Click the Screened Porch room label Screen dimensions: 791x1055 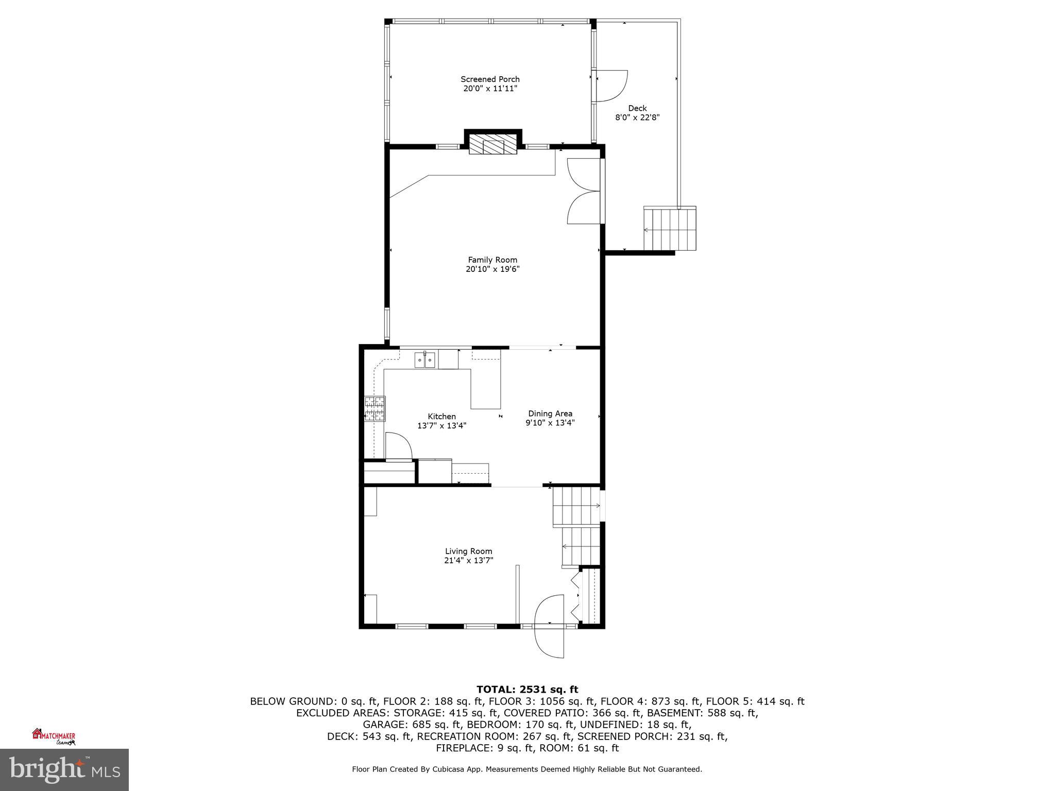point(490,79)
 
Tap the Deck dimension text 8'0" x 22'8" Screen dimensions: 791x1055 point(637,117)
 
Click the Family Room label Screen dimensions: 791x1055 point(492,260)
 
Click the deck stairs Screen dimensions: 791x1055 point(670,229)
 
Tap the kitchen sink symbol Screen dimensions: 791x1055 point(426,359)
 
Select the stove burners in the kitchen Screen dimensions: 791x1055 point(375,409)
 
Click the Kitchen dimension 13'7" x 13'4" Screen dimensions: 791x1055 point(441,426)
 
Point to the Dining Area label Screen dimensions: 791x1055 point(550,414)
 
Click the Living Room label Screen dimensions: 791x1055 point(468,551)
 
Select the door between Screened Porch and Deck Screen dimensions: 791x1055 point(611,85)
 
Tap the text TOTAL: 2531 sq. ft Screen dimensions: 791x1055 point(527,690)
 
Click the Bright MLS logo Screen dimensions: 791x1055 point(64,770)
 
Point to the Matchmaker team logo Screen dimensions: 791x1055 point(54,736)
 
